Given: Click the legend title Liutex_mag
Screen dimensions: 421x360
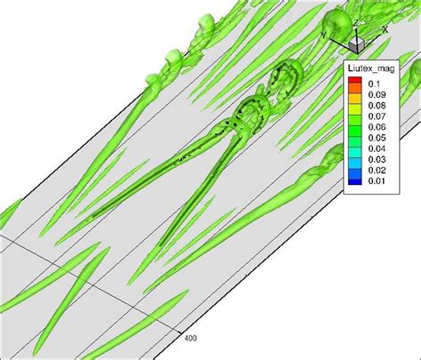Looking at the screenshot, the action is click(371, 68).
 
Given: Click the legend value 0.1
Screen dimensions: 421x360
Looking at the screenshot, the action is click(374, 84).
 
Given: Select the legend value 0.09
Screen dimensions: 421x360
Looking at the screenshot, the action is click(377, 94).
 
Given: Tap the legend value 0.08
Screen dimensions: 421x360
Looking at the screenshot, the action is click(377, 106).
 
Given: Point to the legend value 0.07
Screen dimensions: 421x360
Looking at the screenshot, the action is click(377, 116).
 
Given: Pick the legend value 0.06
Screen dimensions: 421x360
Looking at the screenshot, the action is click(377, 127).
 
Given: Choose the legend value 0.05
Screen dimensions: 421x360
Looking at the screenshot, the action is click(377, 138).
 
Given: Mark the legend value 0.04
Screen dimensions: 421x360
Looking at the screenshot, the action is click(377, 148).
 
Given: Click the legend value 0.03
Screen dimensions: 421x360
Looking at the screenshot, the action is click(377, 159).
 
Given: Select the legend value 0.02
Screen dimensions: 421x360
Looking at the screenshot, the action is click(377, 170).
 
